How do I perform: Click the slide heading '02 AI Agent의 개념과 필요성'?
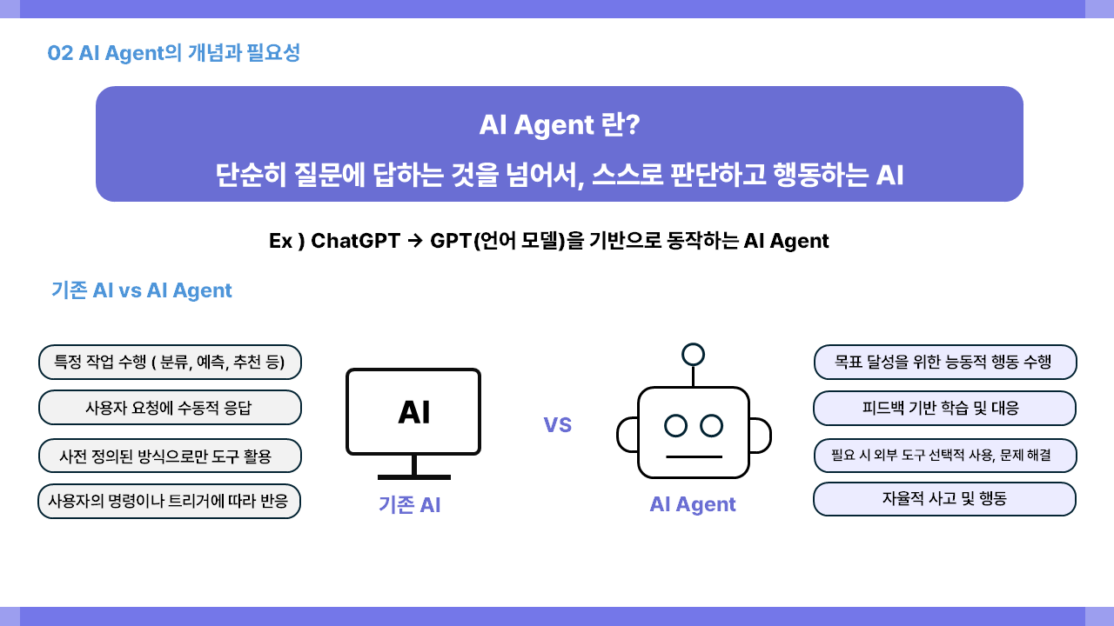tap(173, 53)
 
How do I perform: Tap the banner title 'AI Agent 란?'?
tap(560, 124)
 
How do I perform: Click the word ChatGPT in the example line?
tap(356, 241)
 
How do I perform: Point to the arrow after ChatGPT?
tap(415, 242)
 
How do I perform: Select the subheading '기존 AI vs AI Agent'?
tap(142, 290)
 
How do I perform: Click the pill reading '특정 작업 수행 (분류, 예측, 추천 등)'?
tap(170, 363)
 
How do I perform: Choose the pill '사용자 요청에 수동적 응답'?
tap(170, 408)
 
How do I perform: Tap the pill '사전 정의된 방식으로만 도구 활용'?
tap(170, 456)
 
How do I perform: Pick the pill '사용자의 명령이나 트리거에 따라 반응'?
tap(169, 501)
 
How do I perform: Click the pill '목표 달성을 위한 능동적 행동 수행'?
tap(945, 363)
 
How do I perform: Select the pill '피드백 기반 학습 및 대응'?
tap(945, 409)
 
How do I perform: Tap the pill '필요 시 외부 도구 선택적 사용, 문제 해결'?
tap(945, 456)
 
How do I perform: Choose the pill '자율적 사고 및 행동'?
tap(945, 499)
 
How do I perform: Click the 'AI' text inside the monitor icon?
tap(414, 412)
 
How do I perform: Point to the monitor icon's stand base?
tap(414, 477)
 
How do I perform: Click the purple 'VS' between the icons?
tap(558, 425)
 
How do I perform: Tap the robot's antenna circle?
tap(694, 355)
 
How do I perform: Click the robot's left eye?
tap(676, 426)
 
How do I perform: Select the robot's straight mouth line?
tap(694, 456)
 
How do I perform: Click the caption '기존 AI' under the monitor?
tap(410, 505)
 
